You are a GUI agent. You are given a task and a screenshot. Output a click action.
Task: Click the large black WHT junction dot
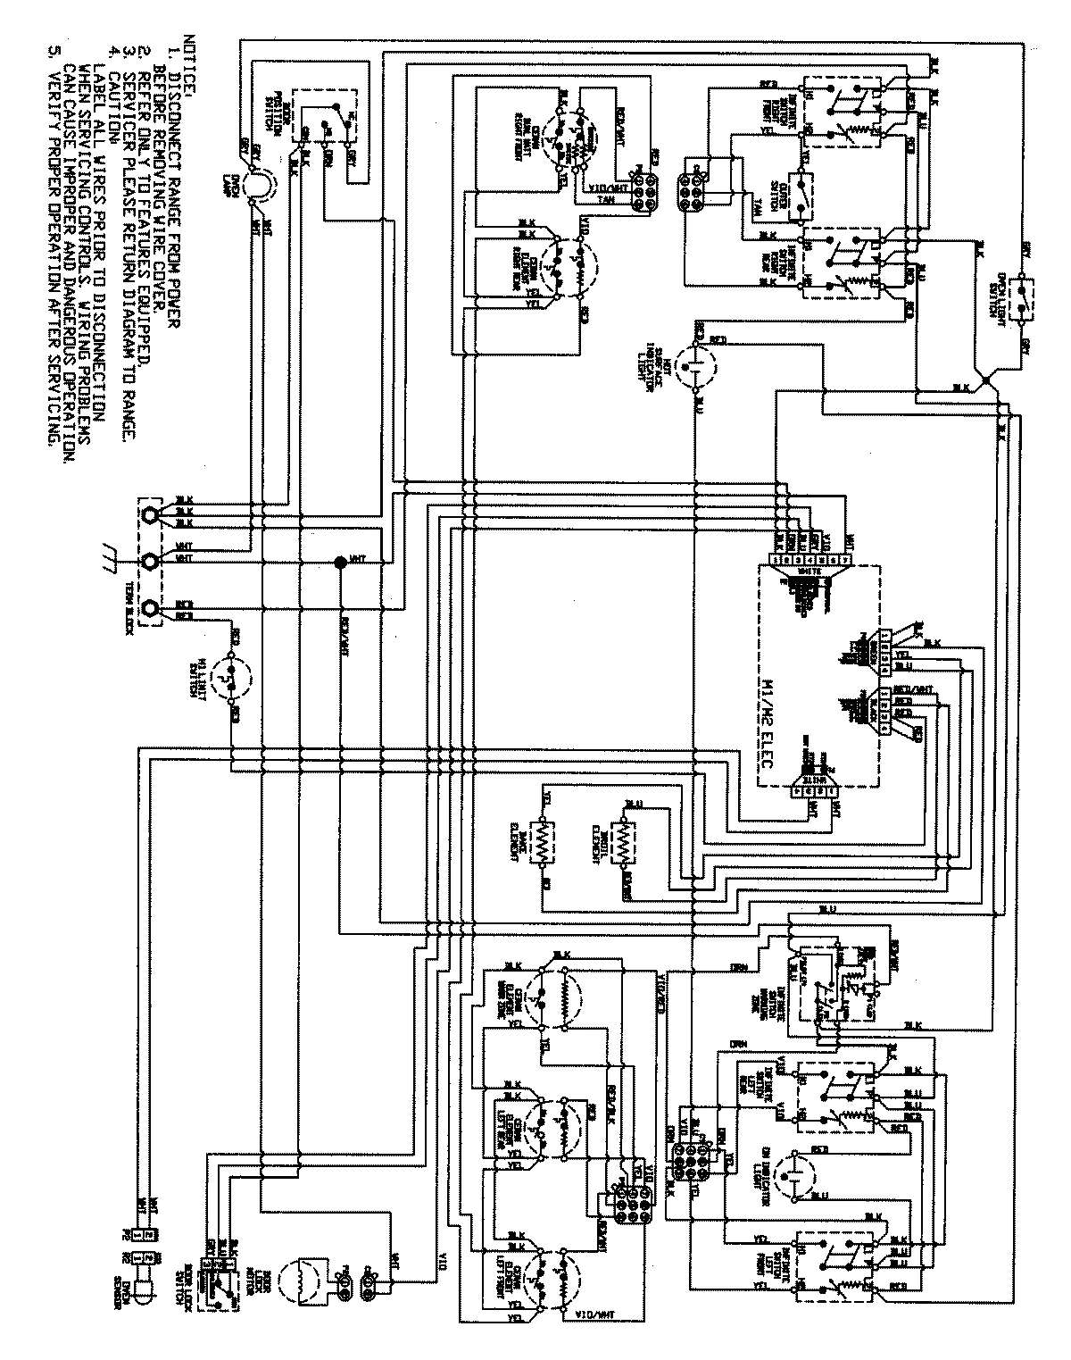pos(339,562)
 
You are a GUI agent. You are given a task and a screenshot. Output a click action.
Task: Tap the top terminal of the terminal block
pos(153,515)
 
